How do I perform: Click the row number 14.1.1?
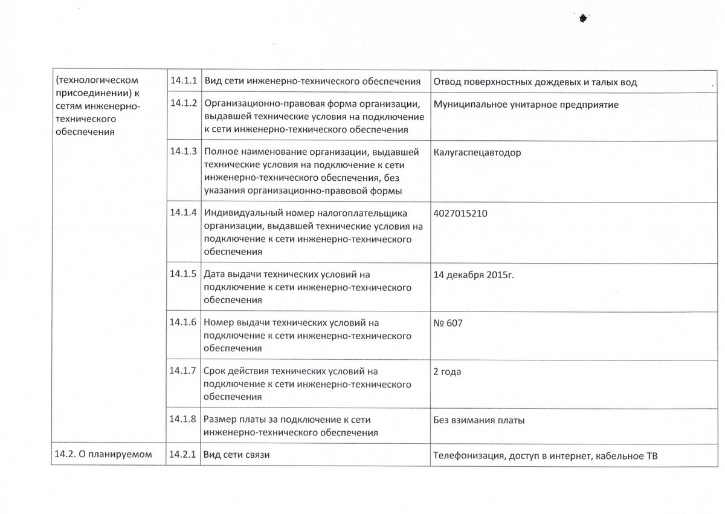click(184, 81)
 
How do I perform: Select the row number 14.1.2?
click(184, 102)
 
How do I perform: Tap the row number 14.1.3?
click(184, 151)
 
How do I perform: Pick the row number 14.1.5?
click(184, 273)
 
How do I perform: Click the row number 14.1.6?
click(184, 322)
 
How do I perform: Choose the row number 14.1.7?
click(184, 371)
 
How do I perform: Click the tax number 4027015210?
click(460, 213)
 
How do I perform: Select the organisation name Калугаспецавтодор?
click(477, 152)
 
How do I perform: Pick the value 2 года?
click(447, 372)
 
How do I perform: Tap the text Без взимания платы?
click(479, 420)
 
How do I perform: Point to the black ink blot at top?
click(584, 19)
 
